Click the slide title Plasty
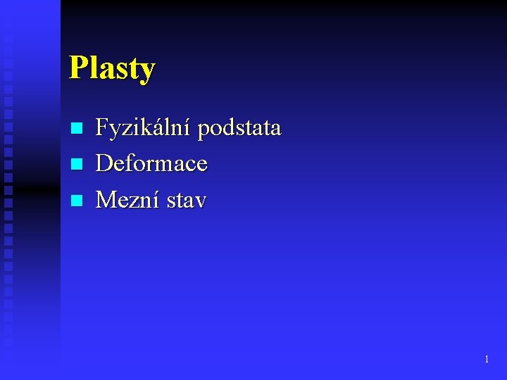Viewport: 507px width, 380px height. coord(112,69)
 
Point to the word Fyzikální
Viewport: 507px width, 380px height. coord(144,128)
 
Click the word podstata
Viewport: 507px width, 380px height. coord(239,128)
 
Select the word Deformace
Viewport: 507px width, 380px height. coord(151,164)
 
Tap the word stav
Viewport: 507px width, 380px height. coord(187,201)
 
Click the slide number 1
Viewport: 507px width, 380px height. coord(487,360)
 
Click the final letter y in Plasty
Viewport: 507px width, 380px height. coord(147,72)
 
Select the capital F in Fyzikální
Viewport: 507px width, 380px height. coord(101,128)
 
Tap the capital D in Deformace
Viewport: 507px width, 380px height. coord(104,164)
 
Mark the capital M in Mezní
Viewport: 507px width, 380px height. coord(106,201)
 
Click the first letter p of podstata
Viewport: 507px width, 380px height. coord(204,130)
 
